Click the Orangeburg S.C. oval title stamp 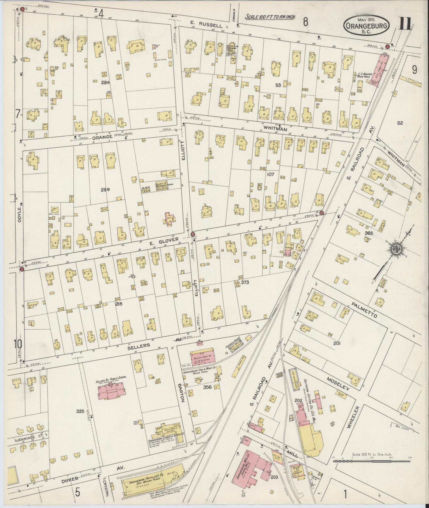[x=366, y=26]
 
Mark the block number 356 [x=207, y=387]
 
